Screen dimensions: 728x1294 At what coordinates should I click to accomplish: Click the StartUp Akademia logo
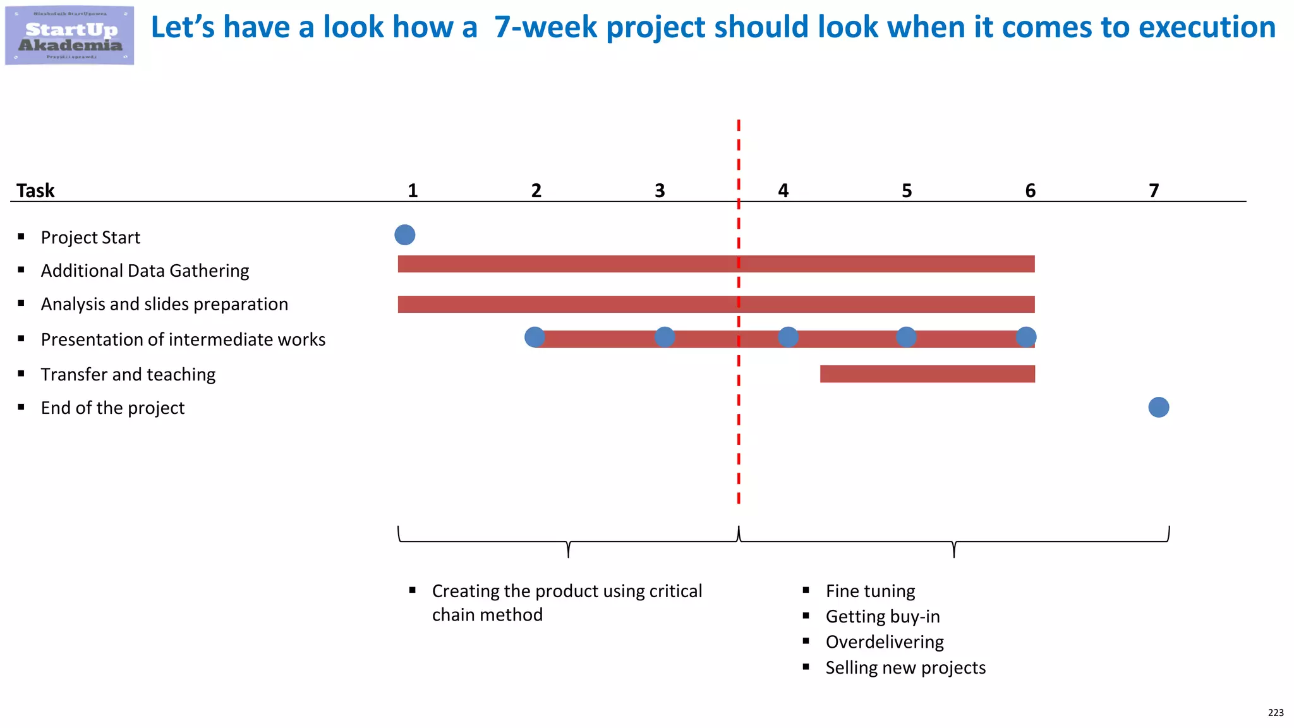tap(70, 35)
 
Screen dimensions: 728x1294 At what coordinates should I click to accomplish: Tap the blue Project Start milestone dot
tap(405, 235)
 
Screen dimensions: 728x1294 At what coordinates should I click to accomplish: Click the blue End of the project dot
tap(1158, 407)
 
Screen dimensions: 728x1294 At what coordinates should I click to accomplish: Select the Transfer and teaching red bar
tap(927, 374)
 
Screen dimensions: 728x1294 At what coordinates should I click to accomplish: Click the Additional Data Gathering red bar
tap(715, 264)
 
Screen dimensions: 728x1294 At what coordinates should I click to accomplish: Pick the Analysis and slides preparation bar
tap(715, 305)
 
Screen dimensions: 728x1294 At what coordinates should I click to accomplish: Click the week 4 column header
tap(783, 190)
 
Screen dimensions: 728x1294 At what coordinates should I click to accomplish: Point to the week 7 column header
tap(1154, 190)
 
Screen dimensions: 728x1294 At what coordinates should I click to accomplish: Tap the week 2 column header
tap(536, 190)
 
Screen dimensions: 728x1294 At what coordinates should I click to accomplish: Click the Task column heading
tap(35, 190)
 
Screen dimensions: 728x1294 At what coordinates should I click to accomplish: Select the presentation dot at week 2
tap(535, 337)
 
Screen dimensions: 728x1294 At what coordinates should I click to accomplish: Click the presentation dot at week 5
tap(906, 337)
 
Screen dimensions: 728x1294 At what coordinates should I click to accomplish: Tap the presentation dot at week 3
tap(665, 337)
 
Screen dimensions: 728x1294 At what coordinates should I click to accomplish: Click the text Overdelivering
tap(885, 642)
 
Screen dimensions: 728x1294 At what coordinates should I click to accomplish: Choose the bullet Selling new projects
tap(905, 667)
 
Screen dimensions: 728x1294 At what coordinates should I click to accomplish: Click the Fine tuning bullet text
tap(870, 591)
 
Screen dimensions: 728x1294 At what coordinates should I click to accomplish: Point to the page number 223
tap(1276, 713)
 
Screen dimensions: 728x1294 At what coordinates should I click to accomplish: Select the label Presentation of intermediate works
tap(183, 339)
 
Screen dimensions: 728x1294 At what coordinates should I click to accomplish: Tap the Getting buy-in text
tap(883, 616)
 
